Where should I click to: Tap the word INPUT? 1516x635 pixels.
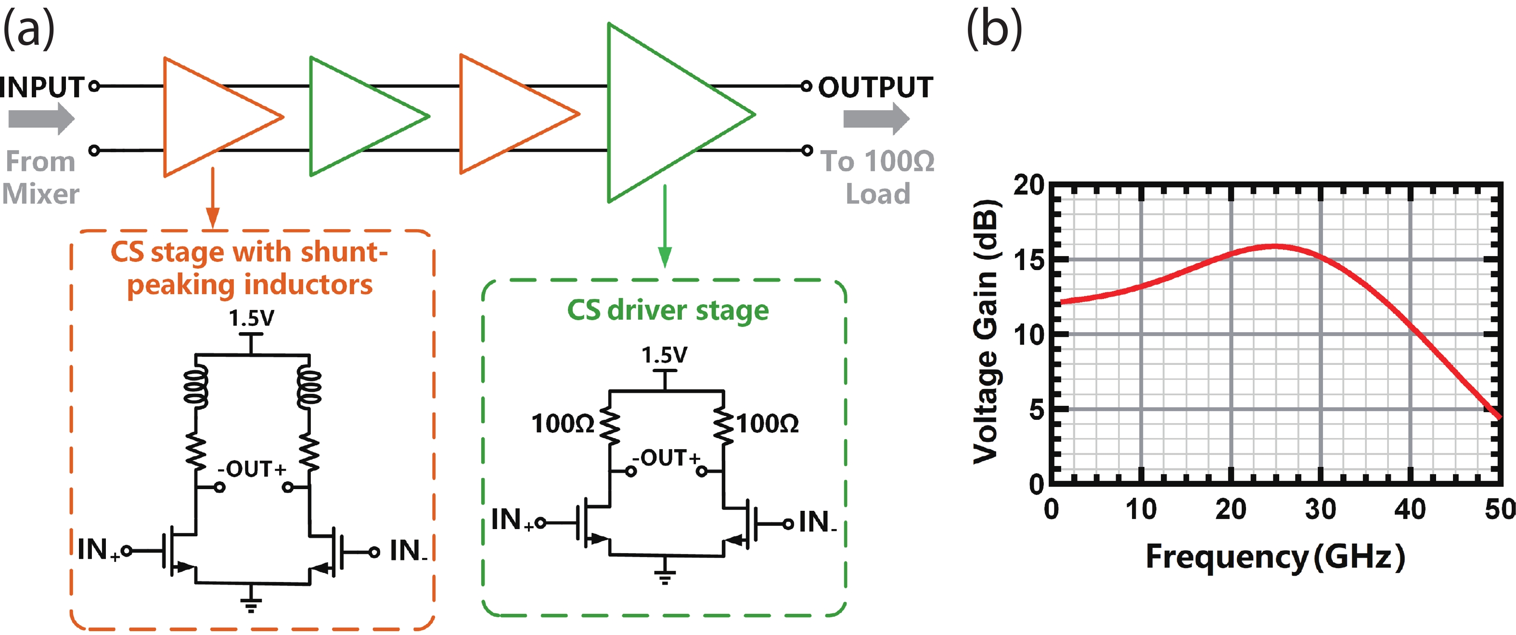[42, 88]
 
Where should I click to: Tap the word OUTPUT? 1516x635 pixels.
[875, 88]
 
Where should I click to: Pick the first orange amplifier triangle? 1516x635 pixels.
[212, 117]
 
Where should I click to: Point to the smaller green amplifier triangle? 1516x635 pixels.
[359, 116]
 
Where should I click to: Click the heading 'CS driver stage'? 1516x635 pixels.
[668, 310]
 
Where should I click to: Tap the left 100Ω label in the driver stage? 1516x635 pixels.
[563, 424]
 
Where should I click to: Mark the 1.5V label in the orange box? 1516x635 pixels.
[251, 318]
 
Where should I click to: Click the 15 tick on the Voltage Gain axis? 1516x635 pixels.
[1029, 260]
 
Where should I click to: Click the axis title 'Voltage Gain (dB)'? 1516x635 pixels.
[986, 333]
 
